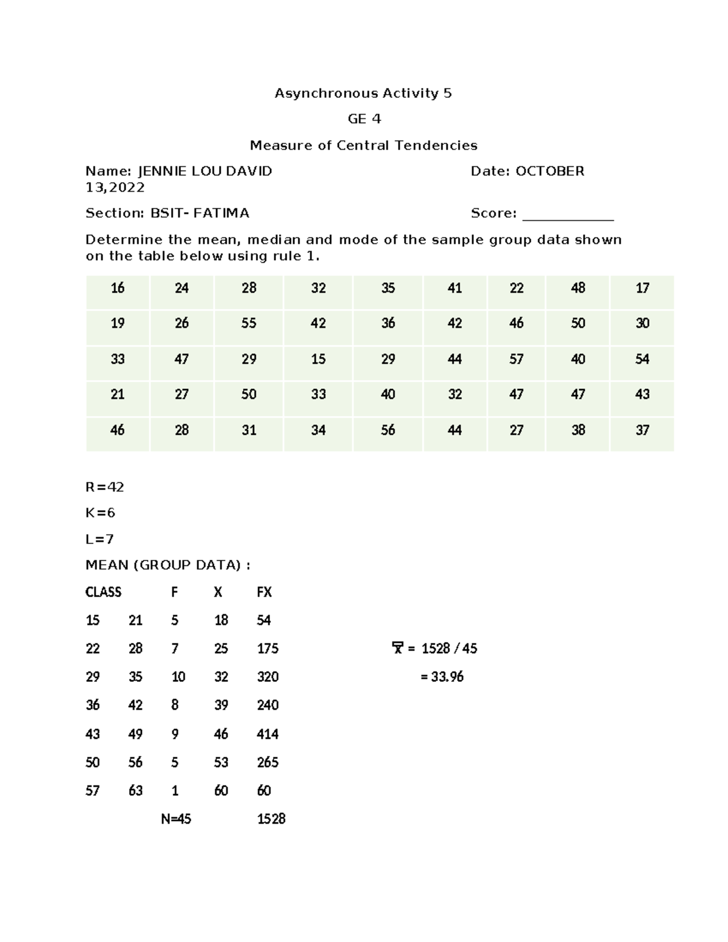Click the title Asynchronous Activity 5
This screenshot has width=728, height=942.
tap(363, 93)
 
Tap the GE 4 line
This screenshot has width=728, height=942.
tap(364, 119)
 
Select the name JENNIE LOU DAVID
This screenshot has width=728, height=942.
tap(205, 171)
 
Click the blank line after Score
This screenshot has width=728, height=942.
tap(568, 214)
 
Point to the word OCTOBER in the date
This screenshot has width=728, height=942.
tap(550, 171)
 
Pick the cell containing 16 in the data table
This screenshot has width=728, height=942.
tap(118, 288)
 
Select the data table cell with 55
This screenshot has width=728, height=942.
tap(249, 323)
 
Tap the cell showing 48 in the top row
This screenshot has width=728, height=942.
tap(578, 288)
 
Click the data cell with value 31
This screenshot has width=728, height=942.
tap(249, 430)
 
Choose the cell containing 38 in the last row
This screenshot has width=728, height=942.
tap(578, 430)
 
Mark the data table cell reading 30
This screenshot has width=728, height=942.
tap(642, 323)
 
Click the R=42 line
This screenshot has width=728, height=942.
tap(104, 487)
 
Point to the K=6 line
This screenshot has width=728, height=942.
tap(100, 513)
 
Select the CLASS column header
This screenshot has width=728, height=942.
tap(103, 592)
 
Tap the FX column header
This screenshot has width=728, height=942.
tap(264, 592)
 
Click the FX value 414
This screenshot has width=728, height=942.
tap(268, 734)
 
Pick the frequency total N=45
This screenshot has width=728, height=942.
tap(176, 819)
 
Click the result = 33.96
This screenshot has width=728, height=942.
tap(442, 677)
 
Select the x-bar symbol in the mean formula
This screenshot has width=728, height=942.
tap(397, 648)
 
